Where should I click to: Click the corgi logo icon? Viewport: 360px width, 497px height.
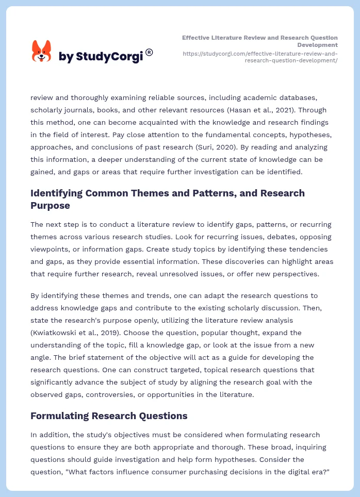(42, 51)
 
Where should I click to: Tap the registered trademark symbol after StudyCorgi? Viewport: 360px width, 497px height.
(149, 52)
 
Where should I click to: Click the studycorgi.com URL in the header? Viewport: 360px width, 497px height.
(260, 57)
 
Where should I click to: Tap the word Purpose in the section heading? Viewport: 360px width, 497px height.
(51, 205)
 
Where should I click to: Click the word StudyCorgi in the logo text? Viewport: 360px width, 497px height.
(109, 56)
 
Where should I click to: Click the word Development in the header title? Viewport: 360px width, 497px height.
(318, 45)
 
